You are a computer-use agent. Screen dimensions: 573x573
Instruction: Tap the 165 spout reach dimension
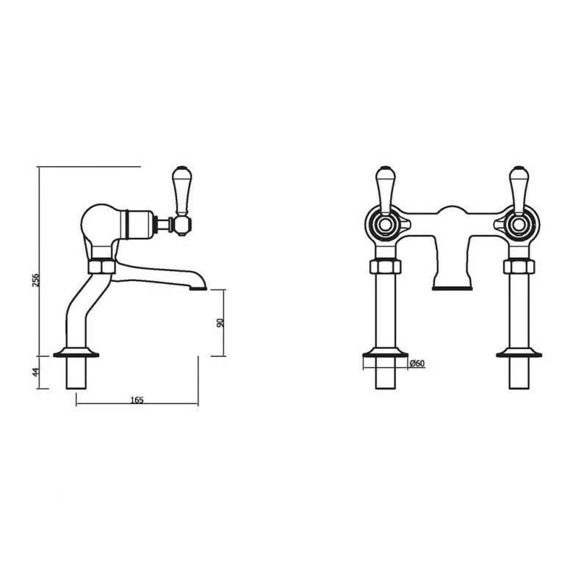coord(137,400)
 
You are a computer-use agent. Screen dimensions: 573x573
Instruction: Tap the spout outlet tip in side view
coord(197,286)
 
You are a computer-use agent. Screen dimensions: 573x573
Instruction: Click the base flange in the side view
coord(76,353)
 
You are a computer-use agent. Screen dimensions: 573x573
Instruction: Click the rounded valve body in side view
coord(99,224)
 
